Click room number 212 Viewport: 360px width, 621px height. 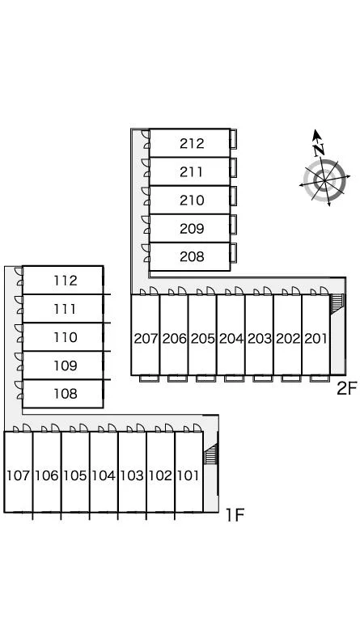(192, 143)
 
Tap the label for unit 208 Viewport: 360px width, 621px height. (192, 256)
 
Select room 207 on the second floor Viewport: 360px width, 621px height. (146, 339)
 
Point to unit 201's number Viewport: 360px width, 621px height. (316, 339)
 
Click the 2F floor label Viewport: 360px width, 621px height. (347, 388)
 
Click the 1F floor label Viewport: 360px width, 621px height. (235, 515)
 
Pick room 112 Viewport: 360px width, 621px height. (66, 281)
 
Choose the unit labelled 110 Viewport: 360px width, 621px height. (66, 337)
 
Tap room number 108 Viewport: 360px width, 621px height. (66, 394)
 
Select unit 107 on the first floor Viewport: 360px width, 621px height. (19, 475)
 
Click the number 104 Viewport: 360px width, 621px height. (104, 475)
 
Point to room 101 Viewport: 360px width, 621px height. (188, 475)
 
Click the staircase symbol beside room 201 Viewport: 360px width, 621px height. (337, 304)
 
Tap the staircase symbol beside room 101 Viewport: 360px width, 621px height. (210, 454)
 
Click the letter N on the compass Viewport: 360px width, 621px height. (319, 150)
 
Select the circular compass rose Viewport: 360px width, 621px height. (324, 180)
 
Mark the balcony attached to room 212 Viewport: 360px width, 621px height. (234, 139)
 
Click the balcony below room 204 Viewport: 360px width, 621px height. (234, 378)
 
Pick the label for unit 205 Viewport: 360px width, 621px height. (203, 339)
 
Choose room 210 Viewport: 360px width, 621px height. (192, 200)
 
